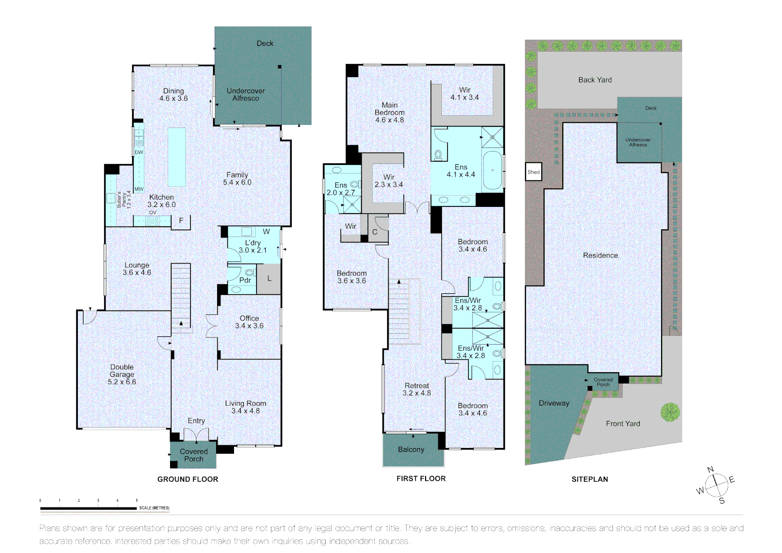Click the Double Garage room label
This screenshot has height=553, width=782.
tap(122, 374)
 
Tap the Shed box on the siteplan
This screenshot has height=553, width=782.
tap(534, 172)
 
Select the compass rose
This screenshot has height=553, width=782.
tap(715, 484)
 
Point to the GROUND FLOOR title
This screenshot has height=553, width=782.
tap(187, 479)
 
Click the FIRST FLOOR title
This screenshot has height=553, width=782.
tap(421, 479)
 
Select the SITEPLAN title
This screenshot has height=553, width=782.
tap(589, 479)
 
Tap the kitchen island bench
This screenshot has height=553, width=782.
tap(177, 157)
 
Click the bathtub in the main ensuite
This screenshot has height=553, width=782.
tap(493, 170)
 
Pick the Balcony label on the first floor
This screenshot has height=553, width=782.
tap(411, 450)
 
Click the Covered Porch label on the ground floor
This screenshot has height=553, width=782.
tap(194, 455)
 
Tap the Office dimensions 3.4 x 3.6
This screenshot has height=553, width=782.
tap(249, 326)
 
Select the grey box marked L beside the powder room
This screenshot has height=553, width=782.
tap(269, 279)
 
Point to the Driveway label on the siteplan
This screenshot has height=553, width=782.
tap(554, 403)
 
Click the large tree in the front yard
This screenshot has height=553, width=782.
tap(669, 412)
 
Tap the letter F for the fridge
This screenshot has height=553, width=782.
tap(181, 221)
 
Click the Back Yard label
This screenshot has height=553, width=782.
tap(595, 80)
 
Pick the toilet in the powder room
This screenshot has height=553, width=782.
tap(249, 273)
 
